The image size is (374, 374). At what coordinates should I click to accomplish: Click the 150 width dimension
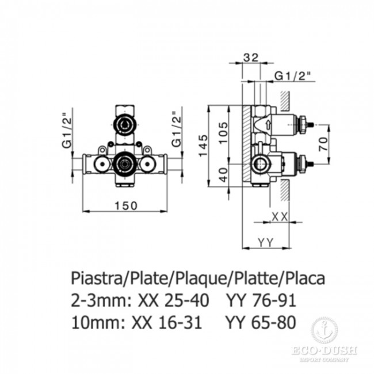point(126,205)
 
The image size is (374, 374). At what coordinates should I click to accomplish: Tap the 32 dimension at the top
point(251,58)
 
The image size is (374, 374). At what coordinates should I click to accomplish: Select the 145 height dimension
point(203,146)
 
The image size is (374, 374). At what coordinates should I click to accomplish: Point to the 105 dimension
point(223,132)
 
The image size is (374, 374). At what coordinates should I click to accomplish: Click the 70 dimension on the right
point(323,144)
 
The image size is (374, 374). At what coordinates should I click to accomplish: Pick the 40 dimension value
point(223,175)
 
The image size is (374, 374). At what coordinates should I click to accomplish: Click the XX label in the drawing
point(280,217)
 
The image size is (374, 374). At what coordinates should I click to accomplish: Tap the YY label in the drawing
point(265,243)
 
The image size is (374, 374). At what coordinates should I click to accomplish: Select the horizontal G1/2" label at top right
point(293,77)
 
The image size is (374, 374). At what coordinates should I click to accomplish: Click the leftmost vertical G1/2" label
point(67,131)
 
